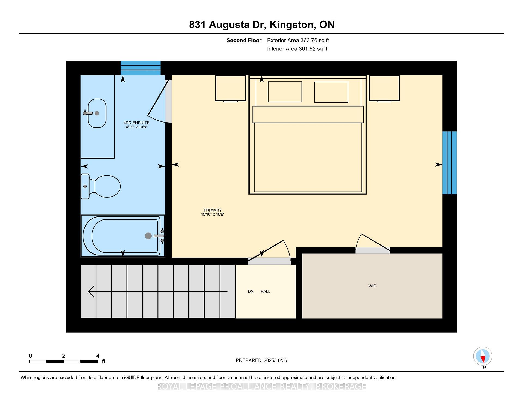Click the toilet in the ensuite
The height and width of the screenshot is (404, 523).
(101, 186)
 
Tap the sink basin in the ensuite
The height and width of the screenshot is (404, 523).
(97, 113)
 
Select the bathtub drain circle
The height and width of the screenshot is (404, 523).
(148, 236)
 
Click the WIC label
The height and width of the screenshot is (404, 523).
(372, 286)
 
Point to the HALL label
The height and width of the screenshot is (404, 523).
(265, 291)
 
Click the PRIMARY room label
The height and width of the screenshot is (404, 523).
(213, 210)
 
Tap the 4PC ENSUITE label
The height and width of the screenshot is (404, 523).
(136, 123)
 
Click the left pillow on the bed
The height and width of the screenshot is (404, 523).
(285, 92)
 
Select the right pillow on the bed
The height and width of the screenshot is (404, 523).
(331, 92)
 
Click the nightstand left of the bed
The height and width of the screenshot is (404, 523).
(230, 88)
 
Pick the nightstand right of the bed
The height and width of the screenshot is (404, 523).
(384, 88)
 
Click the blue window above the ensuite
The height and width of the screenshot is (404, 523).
(141, 68)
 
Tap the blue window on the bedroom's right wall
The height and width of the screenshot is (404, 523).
(449, 163)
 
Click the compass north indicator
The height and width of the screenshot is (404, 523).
(483, 356)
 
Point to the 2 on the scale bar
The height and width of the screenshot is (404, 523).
(64, 356)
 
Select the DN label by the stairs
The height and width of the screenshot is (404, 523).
(251, 291)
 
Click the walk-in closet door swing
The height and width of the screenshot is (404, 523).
(373, 242)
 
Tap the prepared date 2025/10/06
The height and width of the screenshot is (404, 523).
(275, 360)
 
